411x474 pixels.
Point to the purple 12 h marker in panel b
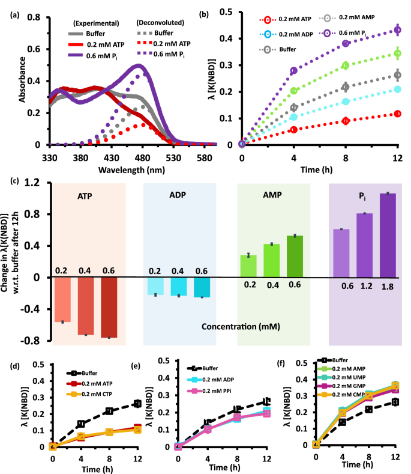click(397, 29)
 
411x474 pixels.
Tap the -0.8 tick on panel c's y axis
click(36, 341)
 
